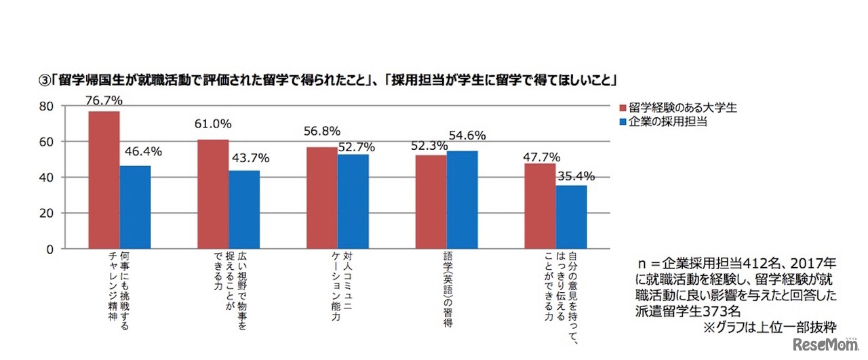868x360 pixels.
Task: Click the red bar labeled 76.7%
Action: [x=104, y=180]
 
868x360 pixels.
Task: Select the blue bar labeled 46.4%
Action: [x=135, y=207]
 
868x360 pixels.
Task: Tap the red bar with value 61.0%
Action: [x=213, y=194]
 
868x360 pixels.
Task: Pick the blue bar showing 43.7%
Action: [x=244, y=209]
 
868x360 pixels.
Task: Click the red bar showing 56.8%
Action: [x=322, y=198]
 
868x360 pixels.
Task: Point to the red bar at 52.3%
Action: [x=431, y=202]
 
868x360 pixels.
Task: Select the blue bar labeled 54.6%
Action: [x=462, y=199]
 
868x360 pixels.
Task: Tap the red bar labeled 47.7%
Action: [x=540, y=206]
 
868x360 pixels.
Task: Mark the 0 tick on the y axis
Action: [x=48, y=249]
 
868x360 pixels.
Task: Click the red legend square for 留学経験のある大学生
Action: [x=623, y=107]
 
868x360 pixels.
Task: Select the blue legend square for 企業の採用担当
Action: [x=623, y=122]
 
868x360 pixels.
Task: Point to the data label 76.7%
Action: [x=105, y=101]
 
